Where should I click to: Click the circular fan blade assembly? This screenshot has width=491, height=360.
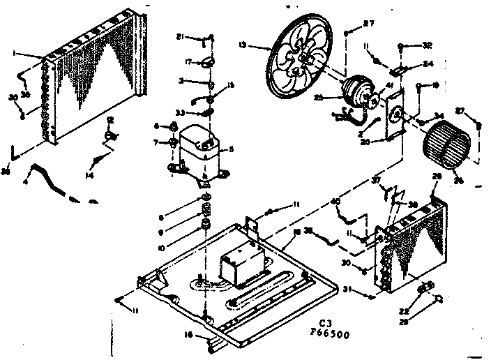pos(301,55)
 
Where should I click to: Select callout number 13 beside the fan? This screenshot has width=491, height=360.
pos(262,46)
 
